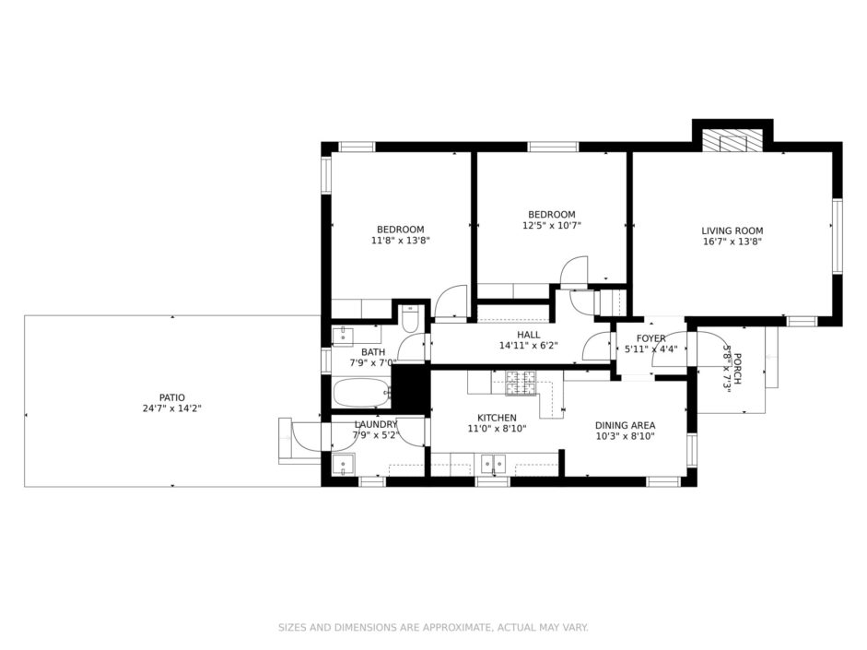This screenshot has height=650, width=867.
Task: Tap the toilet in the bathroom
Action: pos(410,318)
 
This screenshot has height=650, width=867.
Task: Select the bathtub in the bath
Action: pos(362,394)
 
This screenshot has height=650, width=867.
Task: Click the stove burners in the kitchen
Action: pos(521,383)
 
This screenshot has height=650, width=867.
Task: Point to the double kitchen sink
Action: pos(493,463)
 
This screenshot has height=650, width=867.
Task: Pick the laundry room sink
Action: pos(344,464)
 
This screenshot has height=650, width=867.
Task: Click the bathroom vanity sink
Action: pos(343,336)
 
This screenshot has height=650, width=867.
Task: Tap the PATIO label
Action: pos(172,397)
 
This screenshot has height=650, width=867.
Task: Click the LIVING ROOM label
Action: pos(732,230)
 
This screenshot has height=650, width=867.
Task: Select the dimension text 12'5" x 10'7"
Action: pos(551,225)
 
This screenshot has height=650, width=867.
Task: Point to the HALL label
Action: pos(529,335)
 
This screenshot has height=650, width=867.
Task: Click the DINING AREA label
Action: pos(625,425)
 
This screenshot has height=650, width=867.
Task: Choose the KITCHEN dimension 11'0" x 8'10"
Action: pos(497,428)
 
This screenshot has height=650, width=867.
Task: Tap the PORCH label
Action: pos(738,369)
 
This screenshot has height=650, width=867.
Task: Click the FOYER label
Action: pos(650,338)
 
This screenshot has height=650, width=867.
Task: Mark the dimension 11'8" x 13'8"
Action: pos(400,240)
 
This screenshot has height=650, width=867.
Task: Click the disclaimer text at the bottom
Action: pos(433,627)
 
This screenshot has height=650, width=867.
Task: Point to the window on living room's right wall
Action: pos(838,236)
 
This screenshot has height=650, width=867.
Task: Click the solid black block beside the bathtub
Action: pos(410,388)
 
